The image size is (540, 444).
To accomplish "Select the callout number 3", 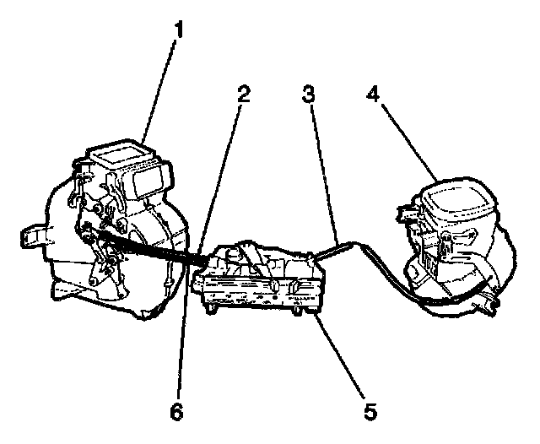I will tap(310, 95).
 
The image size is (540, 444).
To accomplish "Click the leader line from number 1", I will tap(160, 84).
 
